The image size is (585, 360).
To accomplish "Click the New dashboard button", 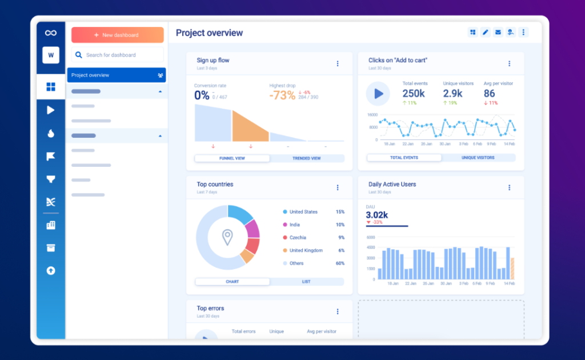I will click(117, 35).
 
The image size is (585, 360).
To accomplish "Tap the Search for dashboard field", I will click(117, 55).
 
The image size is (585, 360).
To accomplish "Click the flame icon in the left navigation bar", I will click(51, 134).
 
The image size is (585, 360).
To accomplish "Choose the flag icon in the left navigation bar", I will click(51, 157).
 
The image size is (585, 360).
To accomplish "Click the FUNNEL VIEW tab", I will click(232, 158).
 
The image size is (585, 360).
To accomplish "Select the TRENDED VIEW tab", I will click(307, 158).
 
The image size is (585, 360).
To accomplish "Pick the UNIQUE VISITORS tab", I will click(478, 158).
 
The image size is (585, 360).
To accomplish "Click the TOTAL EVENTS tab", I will click(404, 158).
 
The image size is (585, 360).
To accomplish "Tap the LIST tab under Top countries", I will click(306, 282).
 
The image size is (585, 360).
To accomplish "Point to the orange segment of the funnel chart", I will click(250, 127).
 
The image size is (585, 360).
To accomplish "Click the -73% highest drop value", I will click(282, 95).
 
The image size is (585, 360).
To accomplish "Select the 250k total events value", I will click(413, 93).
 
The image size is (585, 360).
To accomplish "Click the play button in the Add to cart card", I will click(378, 94).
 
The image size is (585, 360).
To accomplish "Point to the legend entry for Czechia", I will click(298, 238).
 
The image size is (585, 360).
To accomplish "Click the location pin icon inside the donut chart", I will click(227, 237).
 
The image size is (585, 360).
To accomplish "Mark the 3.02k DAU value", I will click(377, 215).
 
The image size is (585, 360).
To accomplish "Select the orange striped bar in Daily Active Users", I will click(512, 269).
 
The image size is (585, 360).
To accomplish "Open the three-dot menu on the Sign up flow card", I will click(338, 63).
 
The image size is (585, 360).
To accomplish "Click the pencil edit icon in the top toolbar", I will click(485, 32).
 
